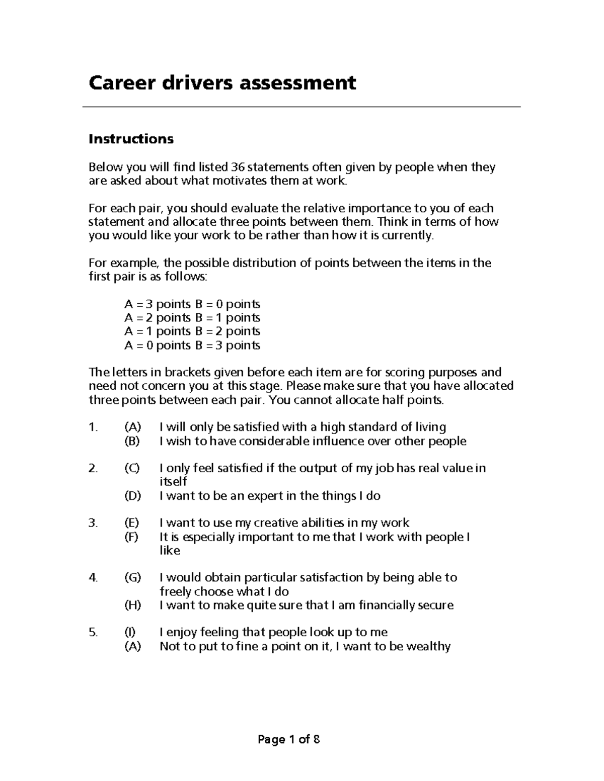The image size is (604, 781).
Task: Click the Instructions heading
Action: (x=131, y=139)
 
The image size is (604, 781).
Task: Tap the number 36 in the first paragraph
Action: (x=238, y=167)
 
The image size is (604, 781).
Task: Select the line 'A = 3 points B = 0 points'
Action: (x=192, y=304)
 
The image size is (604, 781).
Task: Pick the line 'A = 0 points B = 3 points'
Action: (x=192, y=345)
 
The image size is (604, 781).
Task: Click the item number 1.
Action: (x=92, y=427)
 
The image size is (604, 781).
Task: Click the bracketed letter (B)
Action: (x=132, y=442)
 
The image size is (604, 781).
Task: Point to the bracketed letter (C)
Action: (x=132, y=469)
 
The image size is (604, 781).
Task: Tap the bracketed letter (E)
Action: (x=132, y=523)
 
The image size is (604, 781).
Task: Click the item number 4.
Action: (x=92, y=578)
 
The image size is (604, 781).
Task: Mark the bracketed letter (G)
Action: (x=133, y=578)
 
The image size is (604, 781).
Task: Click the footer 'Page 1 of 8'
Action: (x=288, y=740)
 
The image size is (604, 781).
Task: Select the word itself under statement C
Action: (x=173, y=482)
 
